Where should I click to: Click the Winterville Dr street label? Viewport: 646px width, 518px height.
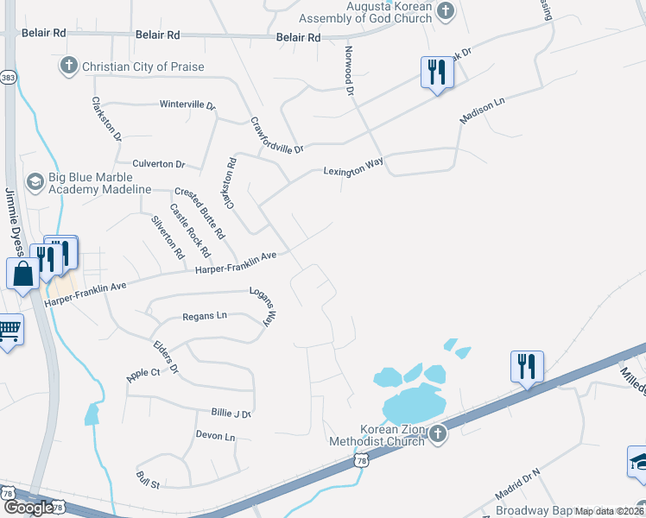point(187,104)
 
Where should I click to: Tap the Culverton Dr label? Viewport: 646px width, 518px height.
point(159,163)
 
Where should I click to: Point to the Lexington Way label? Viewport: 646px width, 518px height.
point(353,167)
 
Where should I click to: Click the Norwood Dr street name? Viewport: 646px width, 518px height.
point(350,71)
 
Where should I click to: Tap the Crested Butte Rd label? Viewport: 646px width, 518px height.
point(200,213)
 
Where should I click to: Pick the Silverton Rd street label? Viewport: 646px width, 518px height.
point(168,237)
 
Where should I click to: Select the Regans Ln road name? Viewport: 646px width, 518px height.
point(204,316)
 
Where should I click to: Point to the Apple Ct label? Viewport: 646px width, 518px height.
point(143,374)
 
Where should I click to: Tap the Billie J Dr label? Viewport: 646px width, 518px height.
point(231,414)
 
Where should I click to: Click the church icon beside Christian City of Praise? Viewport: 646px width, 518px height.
point(69,66)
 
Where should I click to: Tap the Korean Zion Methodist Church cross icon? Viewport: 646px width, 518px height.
point(437,433)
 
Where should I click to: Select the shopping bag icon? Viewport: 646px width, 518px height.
point(22,275)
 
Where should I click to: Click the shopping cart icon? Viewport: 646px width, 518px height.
point(9,330)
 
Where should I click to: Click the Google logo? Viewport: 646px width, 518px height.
point(28,507)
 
